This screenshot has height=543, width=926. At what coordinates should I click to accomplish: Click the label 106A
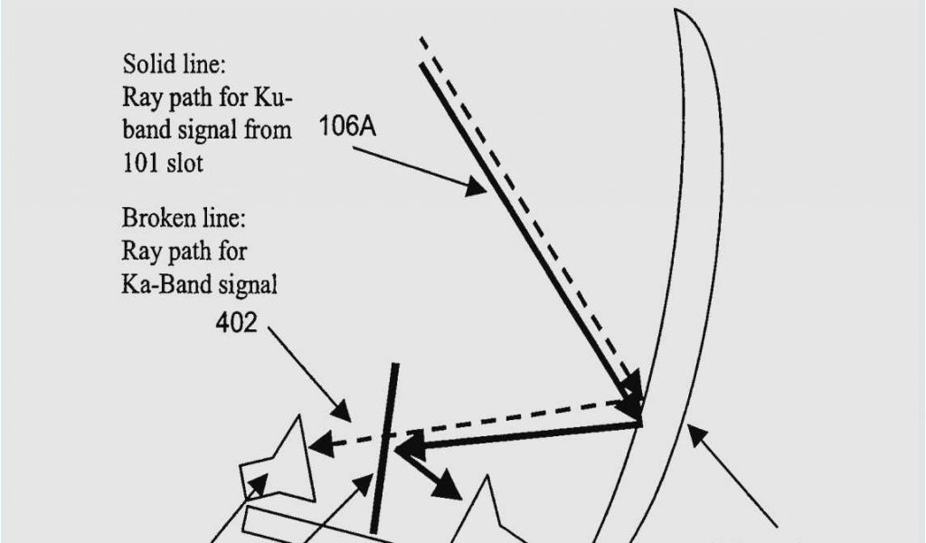[347, 127]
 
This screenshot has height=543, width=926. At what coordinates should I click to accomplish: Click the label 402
[236, 322]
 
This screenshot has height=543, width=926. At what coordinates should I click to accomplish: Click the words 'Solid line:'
[174, 65]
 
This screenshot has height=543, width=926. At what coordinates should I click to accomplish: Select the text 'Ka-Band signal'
[199, 284]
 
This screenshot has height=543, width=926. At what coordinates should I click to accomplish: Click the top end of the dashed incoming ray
[421, 40]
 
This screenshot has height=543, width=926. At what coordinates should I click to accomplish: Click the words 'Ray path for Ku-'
[207, 98]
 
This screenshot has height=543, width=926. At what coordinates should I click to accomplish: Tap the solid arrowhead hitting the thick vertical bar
[406, 445]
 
